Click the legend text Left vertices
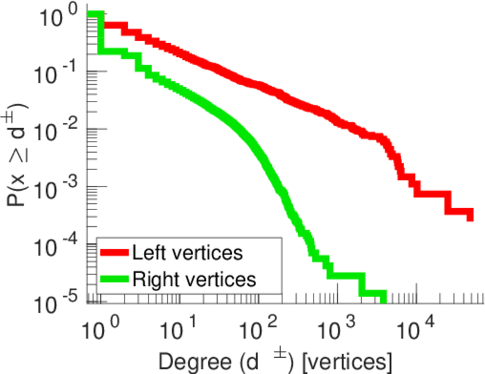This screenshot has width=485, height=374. tap(187, 253)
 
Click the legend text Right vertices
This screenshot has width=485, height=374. tap(193, 279)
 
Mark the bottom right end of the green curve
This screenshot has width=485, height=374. tap(383, 299)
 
